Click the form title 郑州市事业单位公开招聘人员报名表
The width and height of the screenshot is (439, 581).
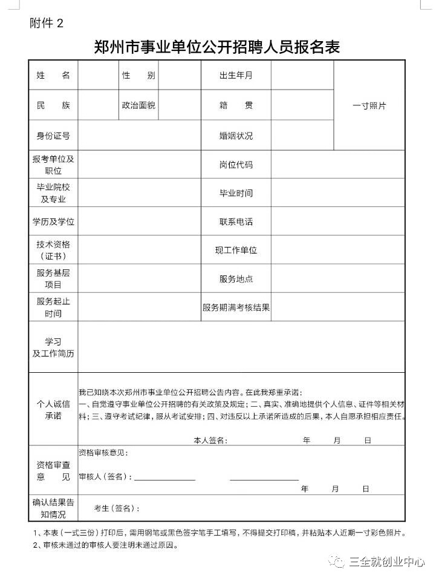pos(217,47)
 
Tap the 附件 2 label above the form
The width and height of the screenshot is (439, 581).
pos(46,24)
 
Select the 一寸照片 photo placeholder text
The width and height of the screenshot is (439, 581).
pos(369,105)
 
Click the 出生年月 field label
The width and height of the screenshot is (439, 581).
pos(236,76)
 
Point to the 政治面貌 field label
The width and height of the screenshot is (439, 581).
pos(138,105)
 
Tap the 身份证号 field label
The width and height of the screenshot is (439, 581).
pos(53,136)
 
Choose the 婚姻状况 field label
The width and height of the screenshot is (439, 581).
pos(236,136)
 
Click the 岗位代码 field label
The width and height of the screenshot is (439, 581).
pos(236,165)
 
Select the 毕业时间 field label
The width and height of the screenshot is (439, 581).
pos(236,193)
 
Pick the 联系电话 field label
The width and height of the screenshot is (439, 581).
pos(236,222)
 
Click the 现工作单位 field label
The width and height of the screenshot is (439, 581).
pos(236,250)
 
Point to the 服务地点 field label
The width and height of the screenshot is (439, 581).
pos(236,279)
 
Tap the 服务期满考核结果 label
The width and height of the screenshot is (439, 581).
pos(236,307)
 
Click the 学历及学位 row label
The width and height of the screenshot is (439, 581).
pos(53,222)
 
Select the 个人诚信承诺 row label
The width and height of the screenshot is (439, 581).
pos(53,409)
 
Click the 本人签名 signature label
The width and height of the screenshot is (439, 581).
pos(209,440)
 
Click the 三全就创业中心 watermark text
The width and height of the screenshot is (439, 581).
pos(387,562)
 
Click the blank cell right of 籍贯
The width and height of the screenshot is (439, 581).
pos(302,105)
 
